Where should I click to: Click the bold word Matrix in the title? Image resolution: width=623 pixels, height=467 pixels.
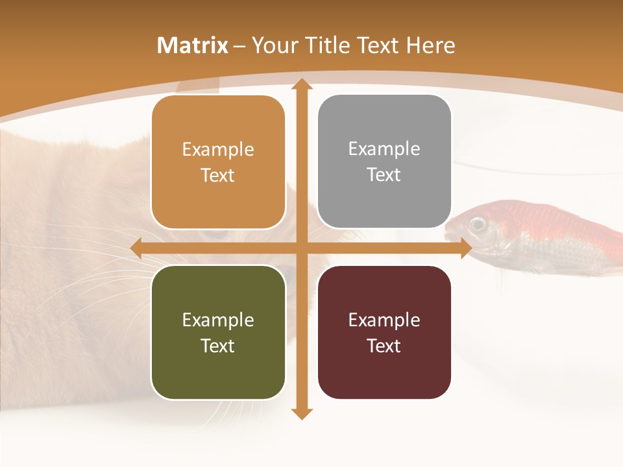[x=193, y=45]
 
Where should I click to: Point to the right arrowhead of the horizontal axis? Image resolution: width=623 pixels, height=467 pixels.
[x=466, y=248]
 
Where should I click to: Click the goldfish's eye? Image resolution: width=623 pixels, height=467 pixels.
[x=478, y=224]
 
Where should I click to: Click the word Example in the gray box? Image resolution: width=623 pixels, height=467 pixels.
[x=384, y=149]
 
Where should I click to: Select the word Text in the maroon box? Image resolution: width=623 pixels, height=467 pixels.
[x=384, y=346]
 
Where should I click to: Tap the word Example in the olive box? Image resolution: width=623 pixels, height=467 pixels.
[x=218, y=320]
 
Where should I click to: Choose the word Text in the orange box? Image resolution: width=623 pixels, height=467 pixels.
[x=218, y=175]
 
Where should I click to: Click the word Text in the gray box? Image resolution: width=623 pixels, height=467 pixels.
[x=384, y=175]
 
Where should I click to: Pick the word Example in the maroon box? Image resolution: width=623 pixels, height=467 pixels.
[x=384, y=320]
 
